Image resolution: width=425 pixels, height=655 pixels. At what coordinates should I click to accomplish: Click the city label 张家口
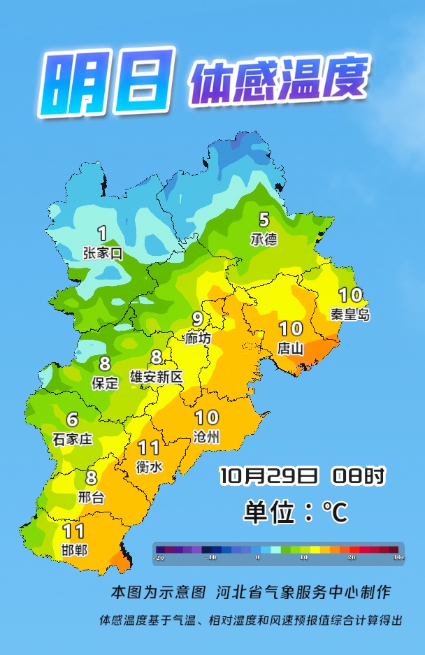tap(102, 254)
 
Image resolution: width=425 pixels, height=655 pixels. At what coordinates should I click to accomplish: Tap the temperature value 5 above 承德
tap(264, 219)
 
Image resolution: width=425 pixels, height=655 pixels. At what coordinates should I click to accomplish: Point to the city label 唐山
tap(291, 347)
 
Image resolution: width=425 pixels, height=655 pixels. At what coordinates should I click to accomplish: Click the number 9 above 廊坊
tap(198, 319)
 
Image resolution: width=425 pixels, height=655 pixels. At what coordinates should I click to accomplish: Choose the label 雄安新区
tap(157, 377)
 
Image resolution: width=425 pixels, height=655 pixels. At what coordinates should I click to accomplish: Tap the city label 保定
tap(105, 382)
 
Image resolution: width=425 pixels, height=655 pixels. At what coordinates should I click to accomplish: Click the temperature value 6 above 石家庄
tap(72, 420)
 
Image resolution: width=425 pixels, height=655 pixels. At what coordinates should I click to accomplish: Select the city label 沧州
tap(206, 438)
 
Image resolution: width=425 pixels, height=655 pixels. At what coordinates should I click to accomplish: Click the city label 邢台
tap(91, 498)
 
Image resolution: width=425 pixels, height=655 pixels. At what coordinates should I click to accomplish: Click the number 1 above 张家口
tap(102, 233)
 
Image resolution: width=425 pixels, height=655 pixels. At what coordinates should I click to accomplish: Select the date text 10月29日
tap(268, 477)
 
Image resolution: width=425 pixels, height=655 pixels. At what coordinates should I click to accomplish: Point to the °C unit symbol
tap(334, 513)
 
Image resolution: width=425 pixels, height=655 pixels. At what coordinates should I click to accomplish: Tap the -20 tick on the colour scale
tap(160, 557)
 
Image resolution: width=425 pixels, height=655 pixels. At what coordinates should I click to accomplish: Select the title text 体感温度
tap(277, 82)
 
